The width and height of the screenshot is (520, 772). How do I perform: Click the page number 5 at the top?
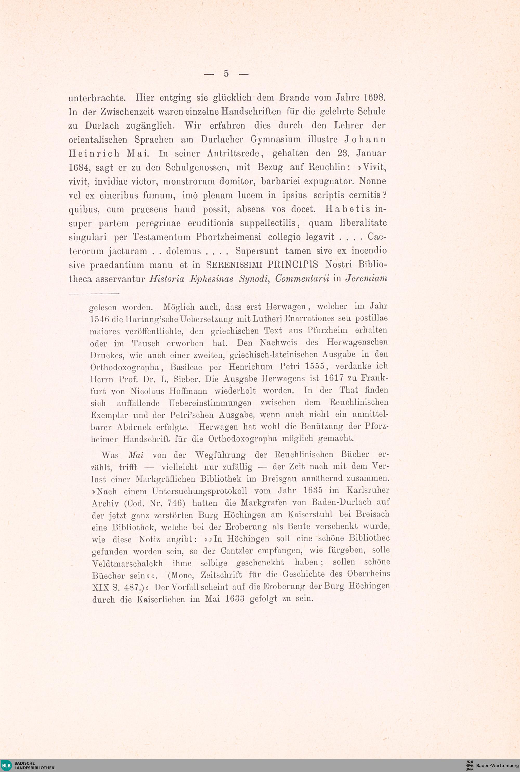tap(226, 74)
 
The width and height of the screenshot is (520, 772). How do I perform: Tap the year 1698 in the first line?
tap(375, 98)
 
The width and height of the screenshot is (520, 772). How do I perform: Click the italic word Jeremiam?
tap(366, 279)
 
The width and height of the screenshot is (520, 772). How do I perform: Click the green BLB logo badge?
tap(7, 765)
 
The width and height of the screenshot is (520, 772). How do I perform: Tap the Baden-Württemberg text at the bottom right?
tap(497, 765)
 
